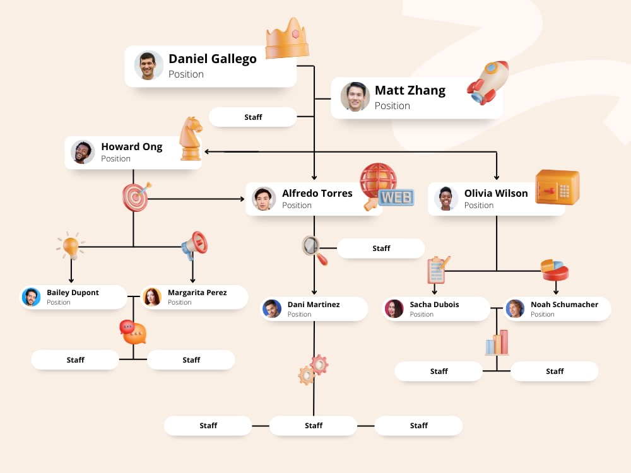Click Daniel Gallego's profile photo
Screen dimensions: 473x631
[x=149, y=66]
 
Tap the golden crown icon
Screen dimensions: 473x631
[x=287, y=39]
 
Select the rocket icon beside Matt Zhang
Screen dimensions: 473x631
[x=488, y=83]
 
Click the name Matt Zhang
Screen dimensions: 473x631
[x=410, y=90]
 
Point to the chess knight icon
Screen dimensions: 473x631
[x=190, y=139]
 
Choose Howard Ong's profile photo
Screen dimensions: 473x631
[x=83, y=152]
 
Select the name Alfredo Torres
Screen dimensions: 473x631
[x=317, y=193]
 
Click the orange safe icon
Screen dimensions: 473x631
[x=557, y=187]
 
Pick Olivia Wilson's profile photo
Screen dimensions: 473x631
[x=446, y=199]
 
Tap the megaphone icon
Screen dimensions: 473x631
[x=195, y=245]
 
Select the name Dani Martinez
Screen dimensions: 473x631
[x=314, y=305]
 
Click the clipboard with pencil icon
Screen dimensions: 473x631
[x=437, y=269]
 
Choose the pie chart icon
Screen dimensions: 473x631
[x=554, y=269]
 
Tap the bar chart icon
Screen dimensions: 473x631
[x=497, y=342]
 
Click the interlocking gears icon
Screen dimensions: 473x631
[x=313, y=370]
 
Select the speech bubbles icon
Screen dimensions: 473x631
[x=133, y=332]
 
